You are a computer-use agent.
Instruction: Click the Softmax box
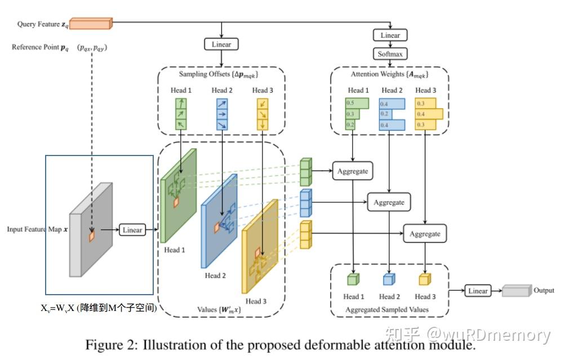390,54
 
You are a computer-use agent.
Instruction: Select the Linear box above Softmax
390,35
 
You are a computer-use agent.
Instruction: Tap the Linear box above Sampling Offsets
221,45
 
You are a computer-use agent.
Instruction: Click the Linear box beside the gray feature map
132,229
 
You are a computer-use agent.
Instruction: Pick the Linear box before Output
478,291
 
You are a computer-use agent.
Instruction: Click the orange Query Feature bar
91,24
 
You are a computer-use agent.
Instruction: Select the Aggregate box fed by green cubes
353,171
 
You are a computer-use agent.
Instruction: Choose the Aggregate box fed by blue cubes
389,202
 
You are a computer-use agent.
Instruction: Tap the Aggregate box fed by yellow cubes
425,233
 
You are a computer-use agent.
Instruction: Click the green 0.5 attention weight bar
357,103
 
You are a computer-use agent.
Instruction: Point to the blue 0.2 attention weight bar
385,114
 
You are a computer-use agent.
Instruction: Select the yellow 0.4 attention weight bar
429,114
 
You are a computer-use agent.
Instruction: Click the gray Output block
517,291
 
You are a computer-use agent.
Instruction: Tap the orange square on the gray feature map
92,236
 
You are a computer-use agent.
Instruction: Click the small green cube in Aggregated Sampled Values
353,279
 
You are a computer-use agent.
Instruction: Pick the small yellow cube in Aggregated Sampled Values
425,279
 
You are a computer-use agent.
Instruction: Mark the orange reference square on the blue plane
217,228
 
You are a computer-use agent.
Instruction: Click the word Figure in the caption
104,345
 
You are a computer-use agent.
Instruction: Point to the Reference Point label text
40,47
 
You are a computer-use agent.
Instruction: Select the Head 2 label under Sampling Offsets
221,90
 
